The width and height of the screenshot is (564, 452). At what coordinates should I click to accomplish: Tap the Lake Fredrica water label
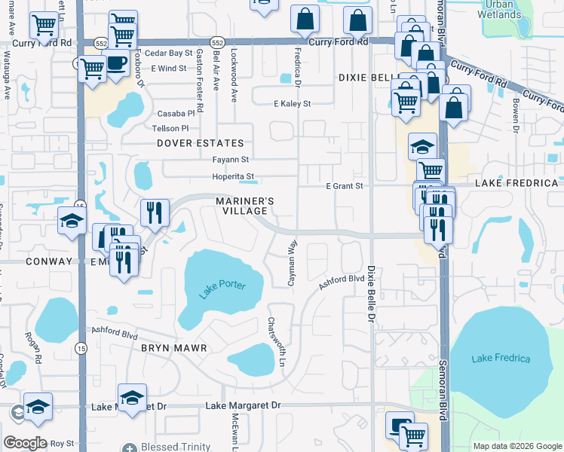pos(501,359)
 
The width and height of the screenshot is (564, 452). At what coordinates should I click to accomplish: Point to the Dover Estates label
pos(201,143)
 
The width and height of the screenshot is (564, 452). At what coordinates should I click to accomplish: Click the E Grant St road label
pos(345,185)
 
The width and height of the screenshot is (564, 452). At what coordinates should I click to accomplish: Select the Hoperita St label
pos(233,177)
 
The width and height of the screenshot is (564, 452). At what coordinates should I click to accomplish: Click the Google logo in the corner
pos(26,442)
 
